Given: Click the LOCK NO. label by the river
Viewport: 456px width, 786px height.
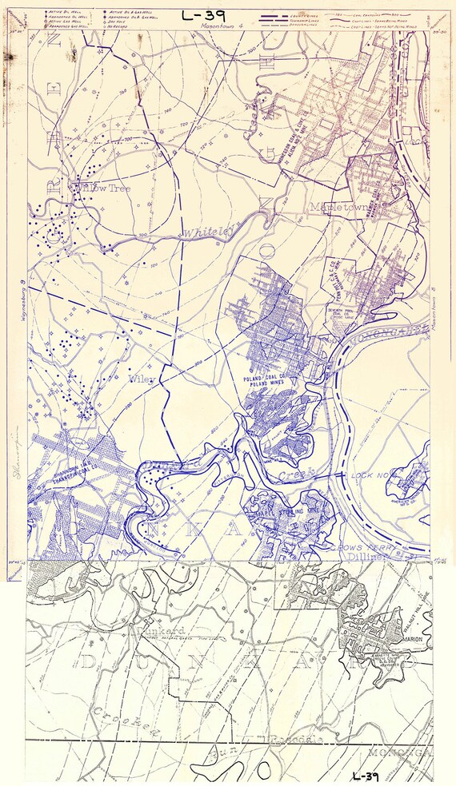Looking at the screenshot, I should pos(370,475).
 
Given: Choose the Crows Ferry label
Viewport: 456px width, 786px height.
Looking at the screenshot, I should pos(351,546).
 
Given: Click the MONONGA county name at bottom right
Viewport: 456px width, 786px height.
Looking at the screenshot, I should pos(399,752).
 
